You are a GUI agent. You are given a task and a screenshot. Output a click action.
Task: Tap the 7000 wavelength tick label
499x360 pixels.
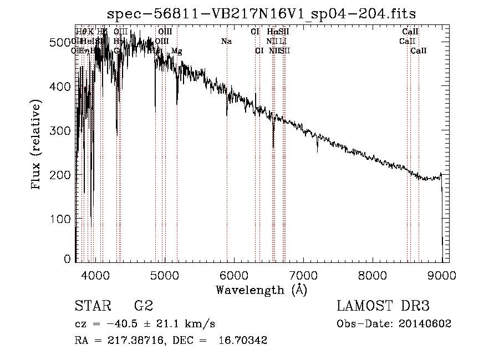(303, 276)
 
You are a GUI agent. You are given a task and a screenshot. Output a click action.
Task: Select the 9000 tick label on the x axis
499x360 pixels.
(442, 276)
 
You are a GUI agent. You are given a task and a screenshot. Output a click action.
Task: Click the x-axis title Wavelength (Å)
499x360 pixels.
(261, 290)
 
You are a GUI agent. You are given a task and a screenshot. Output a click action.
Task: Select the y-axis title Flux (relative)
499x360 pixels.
(37, 145)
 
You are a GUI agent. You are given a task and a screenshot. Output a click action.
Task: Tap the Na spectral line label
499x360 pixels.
(226, 41)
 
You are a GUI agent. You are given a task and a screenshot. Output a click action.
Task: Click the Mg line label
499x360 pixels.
(176, 50)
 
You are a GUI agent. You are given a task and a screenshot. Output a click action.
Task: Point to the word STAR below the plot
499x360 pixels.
(90, 306)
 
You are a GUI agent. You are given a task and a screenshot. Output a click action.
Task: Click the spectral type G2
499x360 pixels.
(144, 306)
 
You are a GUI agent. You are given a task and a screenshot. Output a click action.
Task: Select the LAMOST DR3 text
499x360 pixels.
(383, 306)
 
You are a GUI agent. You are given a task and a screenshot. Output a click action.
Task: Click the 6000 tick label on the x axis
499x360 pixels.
(234, 276)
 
